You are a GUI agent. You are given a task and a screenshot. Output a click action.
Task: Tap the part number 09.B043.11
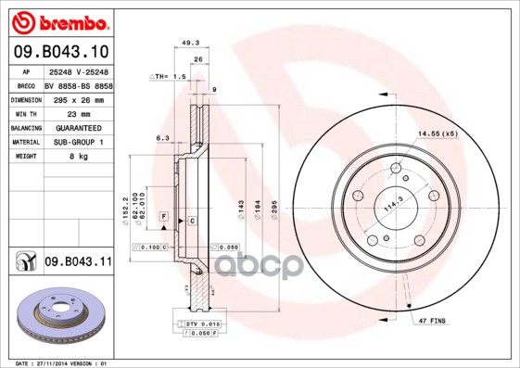tap(78, 262)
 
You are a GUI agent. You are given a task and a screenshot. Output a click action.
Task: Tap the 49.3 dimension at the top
tap(191, 43)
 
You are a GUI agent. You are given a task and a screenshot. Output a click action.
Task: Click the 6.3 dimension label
tap(162, 138)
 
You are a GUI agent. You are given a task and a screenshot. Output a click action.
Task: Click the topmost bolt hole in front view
tap(396, 168)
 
